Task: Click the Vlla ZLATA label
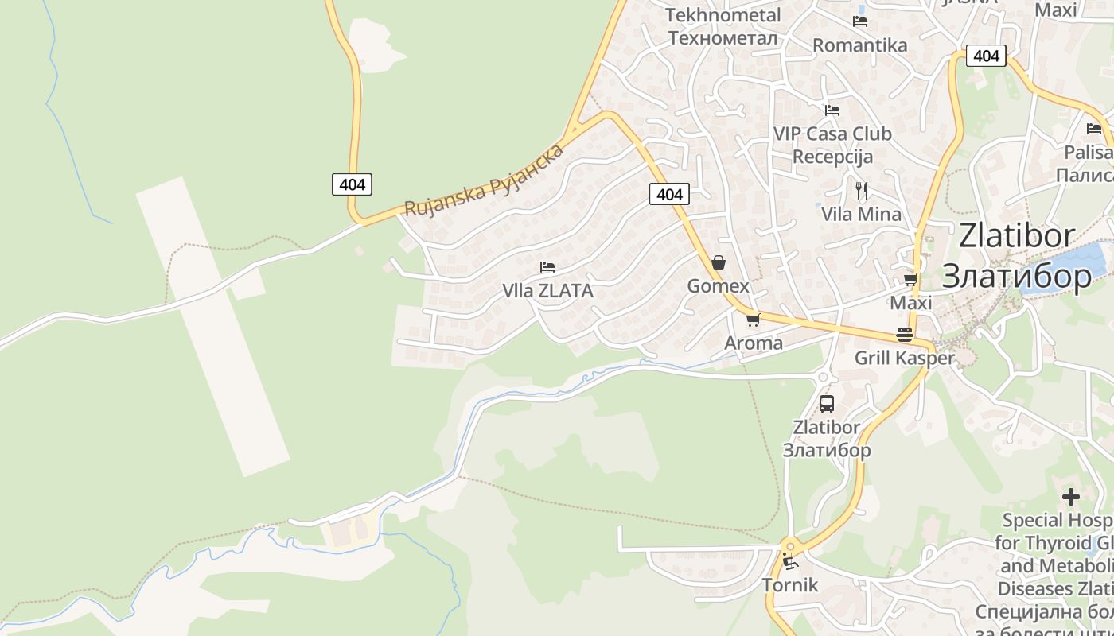coord(547,291)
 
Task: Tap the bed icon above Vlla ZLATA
coord(547,267)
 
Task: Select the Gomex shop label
coord(719,286)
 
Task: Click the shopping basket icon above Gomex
coord(719,262)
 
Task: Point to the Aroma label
coord(754,343)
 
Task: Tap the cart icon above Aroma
coord(753,320)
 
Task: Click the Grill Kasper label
coord(904,358)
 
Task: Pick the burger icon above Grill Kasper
coord(904,335)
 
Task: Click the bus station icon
coord(827,403)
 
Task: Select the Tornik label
coord(790,586)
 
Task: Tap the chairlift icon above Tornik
coord(790,562)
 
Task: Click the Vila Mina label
coord(861,214)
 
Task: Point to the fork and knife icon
coord(861,191)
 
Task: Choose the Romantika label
coord(859,45)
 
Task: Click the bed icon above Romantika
coord(859,21)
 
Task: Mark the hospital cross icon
coord(1071,497)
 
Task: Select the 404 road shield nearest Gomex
coord(669,194)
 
